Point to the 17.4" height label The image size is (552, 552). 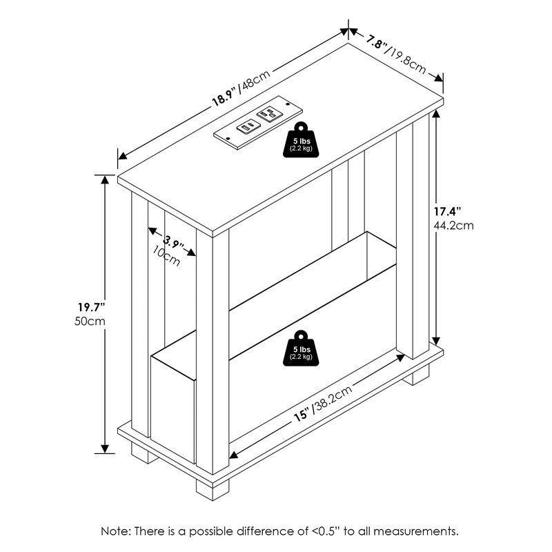[x=447, y=212]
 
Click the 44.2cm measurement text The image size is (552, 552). [x=453, y=226]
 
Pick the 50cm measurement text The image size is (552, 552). [x=90, y=321]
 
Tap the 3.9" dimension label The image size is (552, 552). [x=173, y=242]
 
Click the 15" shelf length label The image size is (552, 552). [x=302, y=415]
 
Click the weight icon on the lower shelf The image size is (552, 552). [x=301, y=348]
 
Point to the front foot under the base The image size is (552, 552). [x=213, y=490]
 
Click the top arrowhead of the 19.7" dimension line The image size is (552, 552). [x=105, y=180]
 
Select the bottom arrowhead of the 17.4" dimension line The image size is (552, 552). [x=436, y=341]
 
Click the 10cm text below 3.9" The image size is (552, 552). [x=166, y=255]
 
